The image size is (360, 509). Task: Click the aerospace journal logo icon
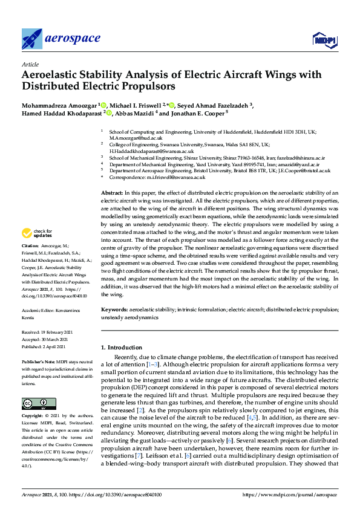[x=32, y=39]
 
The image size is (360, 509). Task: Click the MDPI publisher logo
[x=323, y=40]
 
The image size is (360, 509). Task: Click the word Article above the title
[x=30, y=64]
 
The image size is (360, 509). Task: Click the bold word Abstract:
[x=112, y=192]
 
